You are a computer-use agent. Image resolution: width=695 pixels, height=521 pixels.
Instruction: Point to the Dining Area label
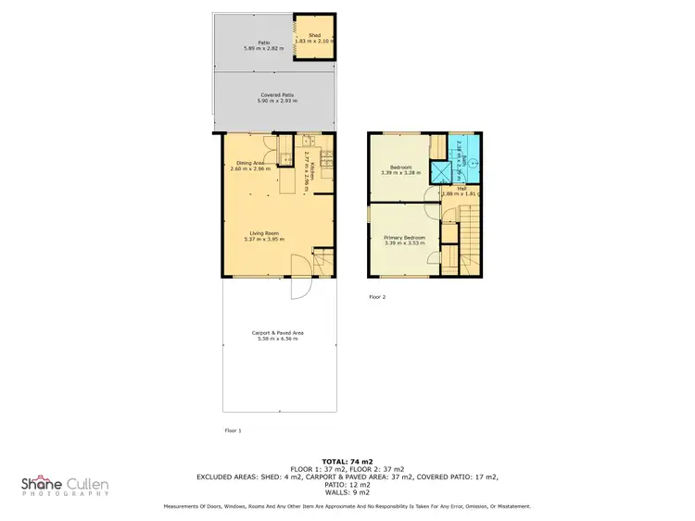[251, 163]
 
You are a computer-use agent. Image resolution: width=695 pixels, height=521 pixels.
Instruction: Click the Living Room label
[265, 232]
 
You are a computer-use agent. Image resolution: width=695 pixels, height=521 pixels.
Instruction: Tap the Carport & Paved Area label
[278, 333]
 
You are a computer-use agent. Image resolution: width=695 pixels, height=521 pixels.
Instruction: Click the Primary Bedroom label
[405, 238]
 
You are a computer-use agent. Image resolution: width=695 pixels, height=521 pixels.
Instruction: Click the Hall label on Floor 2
[461, 188]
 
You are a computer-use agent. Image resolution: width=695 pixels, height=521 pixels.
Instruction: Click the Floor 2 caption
[377, 297]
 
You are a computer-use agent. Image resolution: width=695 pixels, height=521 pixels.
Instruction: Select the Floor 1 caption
[233, 431]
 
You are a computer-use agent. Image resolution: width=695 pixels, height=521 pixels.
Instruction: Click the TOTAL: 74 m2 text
[347, 460]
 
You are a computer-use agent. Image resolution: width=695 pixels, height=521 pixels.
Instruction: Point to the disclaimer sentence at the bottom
[347, 506]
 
